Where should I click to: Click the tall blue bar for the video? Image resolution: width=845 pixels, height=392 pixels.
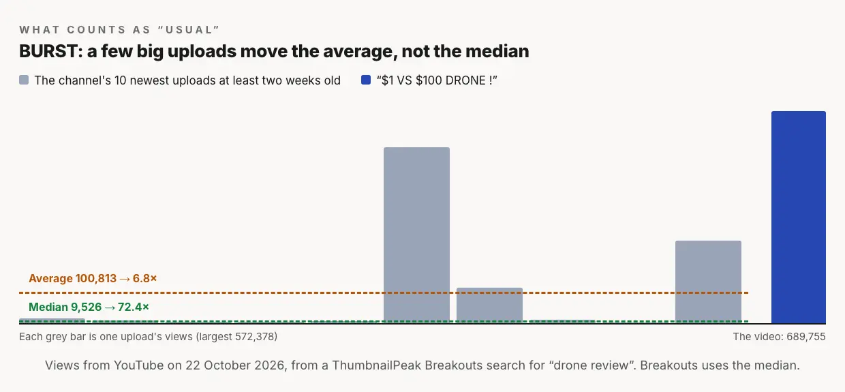tap(798, 217)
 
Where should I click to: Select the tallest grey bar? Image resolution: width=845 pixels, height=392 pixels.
tap(416, 235)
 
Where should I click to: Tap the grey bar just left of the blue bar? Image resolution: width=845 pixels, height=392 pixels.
tap(708, 282)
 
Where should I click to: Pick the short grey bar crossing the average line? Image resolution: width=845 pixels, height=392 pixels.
tap(489, 305)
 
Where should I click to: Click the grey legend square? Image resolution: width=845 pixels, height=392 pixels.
tap(24, 80)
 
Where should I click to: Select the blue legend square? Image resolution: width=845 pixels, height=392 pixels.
tap(365, 80)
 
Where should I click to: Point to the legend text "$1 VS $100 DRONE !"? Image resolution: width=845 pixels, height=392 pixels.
tap(437, 80)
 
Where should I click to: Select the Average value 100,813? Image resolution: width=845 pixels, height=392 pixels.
tap(96, 278)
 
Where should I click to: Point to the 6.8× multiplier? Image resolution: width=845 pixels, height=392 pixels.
tap(144, 278)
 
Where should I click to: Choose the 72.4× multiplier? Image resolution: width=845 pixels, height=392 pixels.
tap(133, 307)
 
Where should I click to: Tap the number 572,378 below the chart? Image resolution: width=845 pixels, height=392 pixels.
tap(255, 337)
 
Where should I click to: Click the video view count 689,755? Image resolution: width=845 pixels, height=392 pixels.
tap(805, 337)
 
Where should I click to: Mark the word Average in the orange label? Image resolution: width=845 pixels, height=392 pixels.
tap(50, 278)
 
